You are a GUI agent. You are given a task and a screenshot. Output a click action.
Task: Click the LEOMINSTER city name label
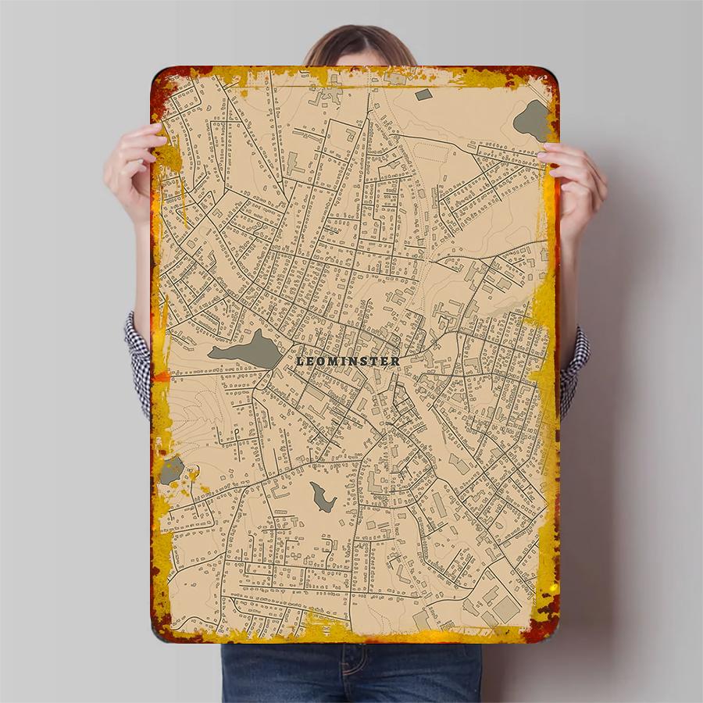tap(348, 361)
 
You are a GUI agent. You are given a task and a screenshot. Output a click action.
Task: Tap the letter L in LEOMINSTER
tap(301, 361)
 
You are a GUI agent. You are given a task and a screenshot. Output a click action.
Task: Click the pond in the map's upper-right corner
tap(533, 118)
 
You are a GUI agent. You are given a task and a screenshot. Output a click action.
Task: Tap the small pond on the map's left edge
tap(171, 469)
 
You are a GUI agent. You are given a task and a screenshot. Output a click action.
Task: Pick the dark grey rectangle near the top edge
tap(423, 95)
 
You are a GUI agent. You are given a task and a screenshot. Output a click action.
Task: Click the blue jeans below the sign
tap(351, 672)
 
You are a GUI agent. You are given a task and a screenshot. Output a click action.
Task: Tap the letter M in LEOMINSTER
tap(331, 361)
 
